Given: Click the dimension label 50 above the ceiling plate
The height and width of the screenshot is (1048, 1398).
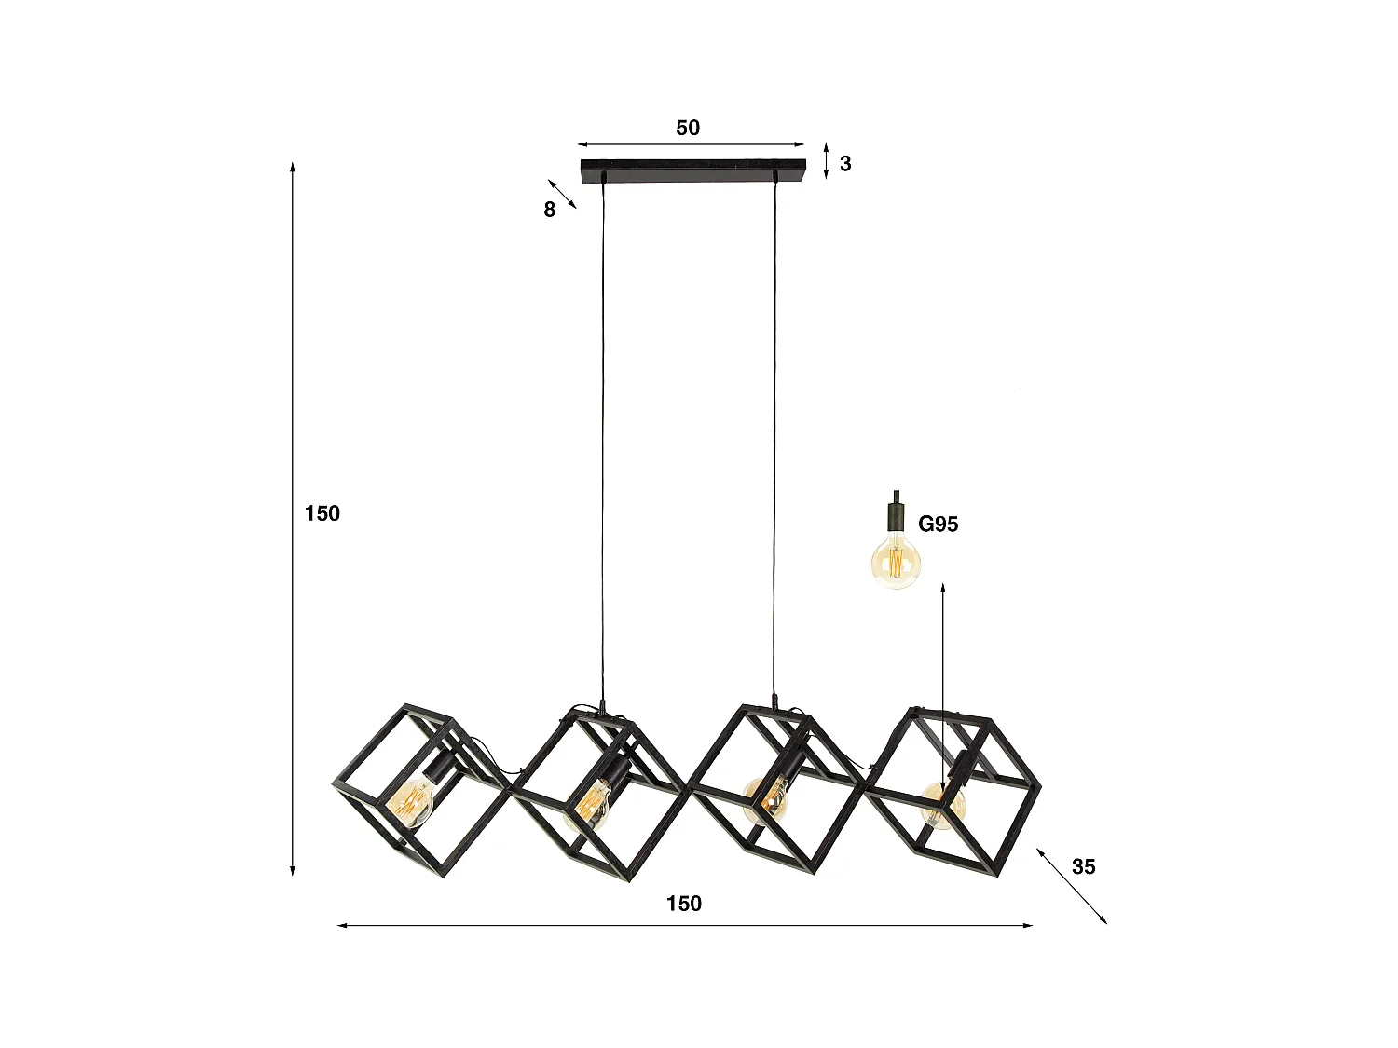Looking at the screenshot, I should click(x=688, y=129).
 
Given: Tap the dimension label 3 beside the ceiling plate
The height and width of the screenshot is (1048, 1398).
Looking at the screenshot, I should click(x=845, y=164).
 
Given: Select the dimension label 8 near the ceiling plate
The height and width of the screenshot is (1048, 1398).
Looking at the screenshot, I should click(x=550, y=211).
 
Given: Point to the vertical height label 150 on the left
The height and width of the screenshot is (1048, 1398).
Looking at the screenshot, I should click(x=322, y=513).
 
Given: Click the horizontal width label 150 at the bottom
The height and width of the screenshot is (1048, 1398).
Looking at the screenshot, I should click(x=684, y=904).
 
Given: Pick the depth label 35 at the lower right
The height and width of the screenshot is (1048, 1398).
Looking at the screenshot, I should click(x=1084, y=867).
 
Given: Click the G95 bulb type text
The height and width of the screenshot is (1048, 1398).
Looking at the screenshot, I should click(x=939, y=524).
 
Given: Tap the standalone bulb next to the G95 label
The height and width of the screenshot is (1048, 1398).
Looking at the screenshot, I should click(x=896, y=562).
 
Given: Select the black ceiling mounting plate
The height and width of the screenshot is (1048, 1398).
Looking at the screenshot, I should click(x=692, y=170).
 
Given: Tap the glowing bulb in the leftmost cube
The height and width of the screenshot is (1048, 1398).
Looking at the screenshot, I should click(x=412, y=800).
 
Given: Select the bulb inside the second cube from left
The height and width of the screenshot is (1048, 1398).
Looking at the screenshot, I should click(x=592, y=803).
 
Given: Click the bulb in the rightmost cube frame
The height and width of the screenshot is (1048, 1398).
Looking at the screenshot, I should click(x=942, y=805).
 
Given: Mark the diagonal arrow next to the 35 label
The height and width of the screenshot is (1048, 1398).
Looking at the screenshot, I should click(x=1072, y=886).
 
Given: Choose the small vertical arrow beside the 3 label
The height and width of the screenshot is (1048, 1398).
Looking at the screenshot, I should click(x=827, y=161).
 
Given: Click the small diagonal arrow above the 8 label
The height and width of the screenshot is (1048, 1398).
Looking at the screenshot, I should click(x=562, y=194).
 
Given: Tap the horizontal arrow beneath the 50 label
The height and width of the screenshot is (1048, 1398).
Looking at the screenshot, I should click(x=691, y=144).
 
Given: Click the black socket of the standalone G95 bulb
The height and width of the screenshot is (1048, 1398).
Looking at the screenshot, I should click(x=896, y=515).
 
